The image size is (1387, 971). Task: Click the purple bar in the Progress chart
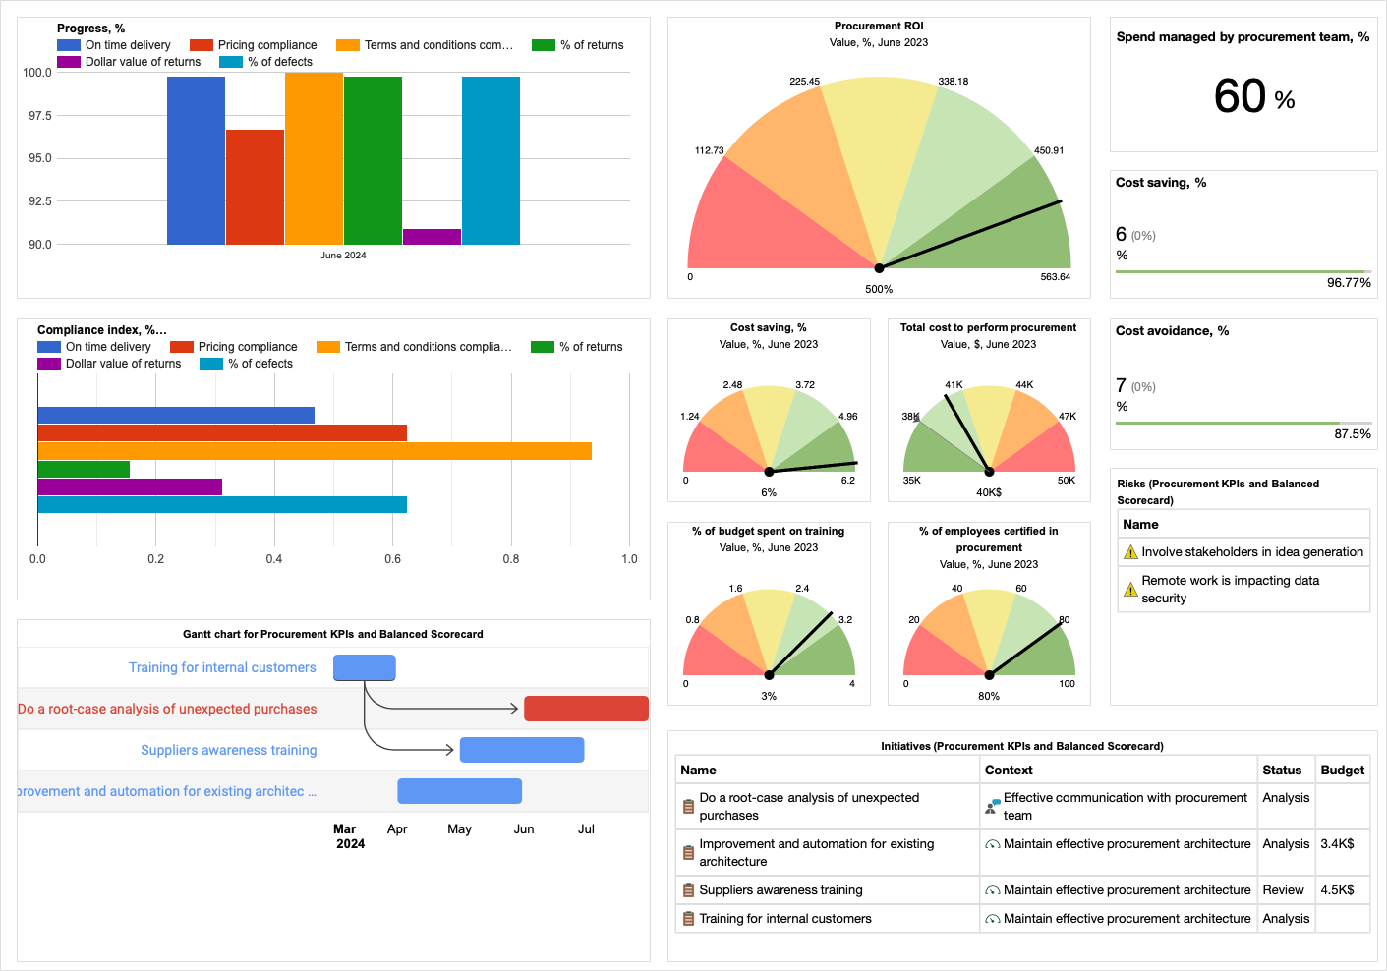432,237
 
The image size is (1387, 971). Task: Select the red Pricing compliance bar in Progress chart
255,187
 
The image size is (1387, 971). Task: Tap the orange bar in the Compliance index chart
315,451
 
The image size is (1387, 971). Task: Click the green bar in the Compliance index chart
84,470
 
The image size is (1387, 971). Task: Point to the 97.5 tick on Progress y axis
37,116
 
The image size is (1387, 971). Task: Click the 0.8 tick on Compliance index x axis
511,559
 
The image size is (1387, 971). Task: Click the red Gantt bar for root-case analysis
586,709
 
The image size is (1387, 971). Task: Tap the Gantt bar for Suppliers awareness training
522,750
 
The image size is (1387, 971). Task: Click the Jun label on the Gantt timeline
524,829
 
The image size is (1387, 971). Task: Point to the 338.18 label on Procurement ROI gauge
953,82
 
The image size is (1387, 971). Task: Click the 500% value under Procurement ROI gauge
879,290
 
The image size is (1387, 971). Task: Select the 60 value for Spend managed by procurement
1240,96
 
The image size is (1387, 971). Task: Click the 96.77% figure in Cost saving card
1349,283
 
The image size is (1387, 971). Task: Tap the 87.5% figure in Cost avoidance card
1353,434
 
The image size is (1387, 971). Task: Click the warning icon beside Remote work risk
1130,590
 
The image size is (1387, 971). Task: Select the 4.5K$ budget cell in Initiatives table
1337,890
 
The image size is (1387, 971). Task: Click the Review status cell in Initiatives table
1283,890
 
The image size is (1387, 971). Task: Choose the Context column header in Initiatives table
1009,771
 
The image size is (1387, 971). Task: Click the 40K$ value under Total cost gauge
989,493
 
